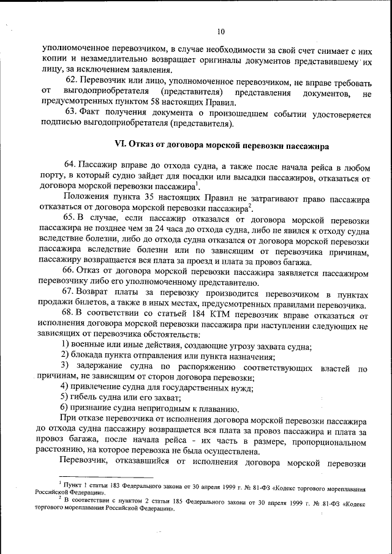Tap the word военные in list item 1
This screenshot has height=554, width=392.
pos(89,346)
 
